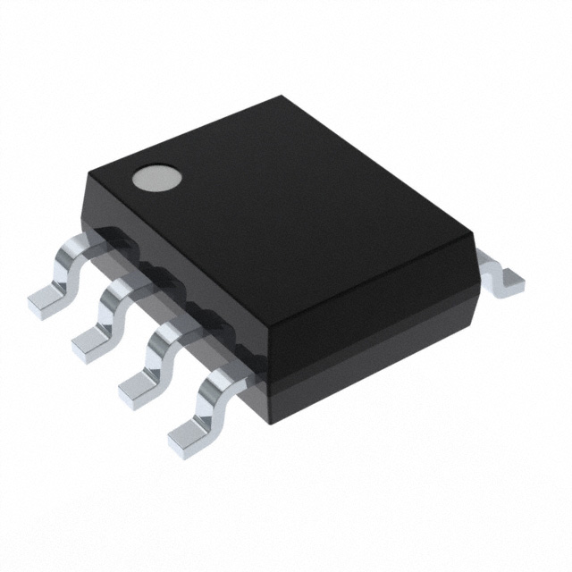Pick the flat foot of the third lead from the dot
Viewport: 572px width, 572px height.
(139, 385)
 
